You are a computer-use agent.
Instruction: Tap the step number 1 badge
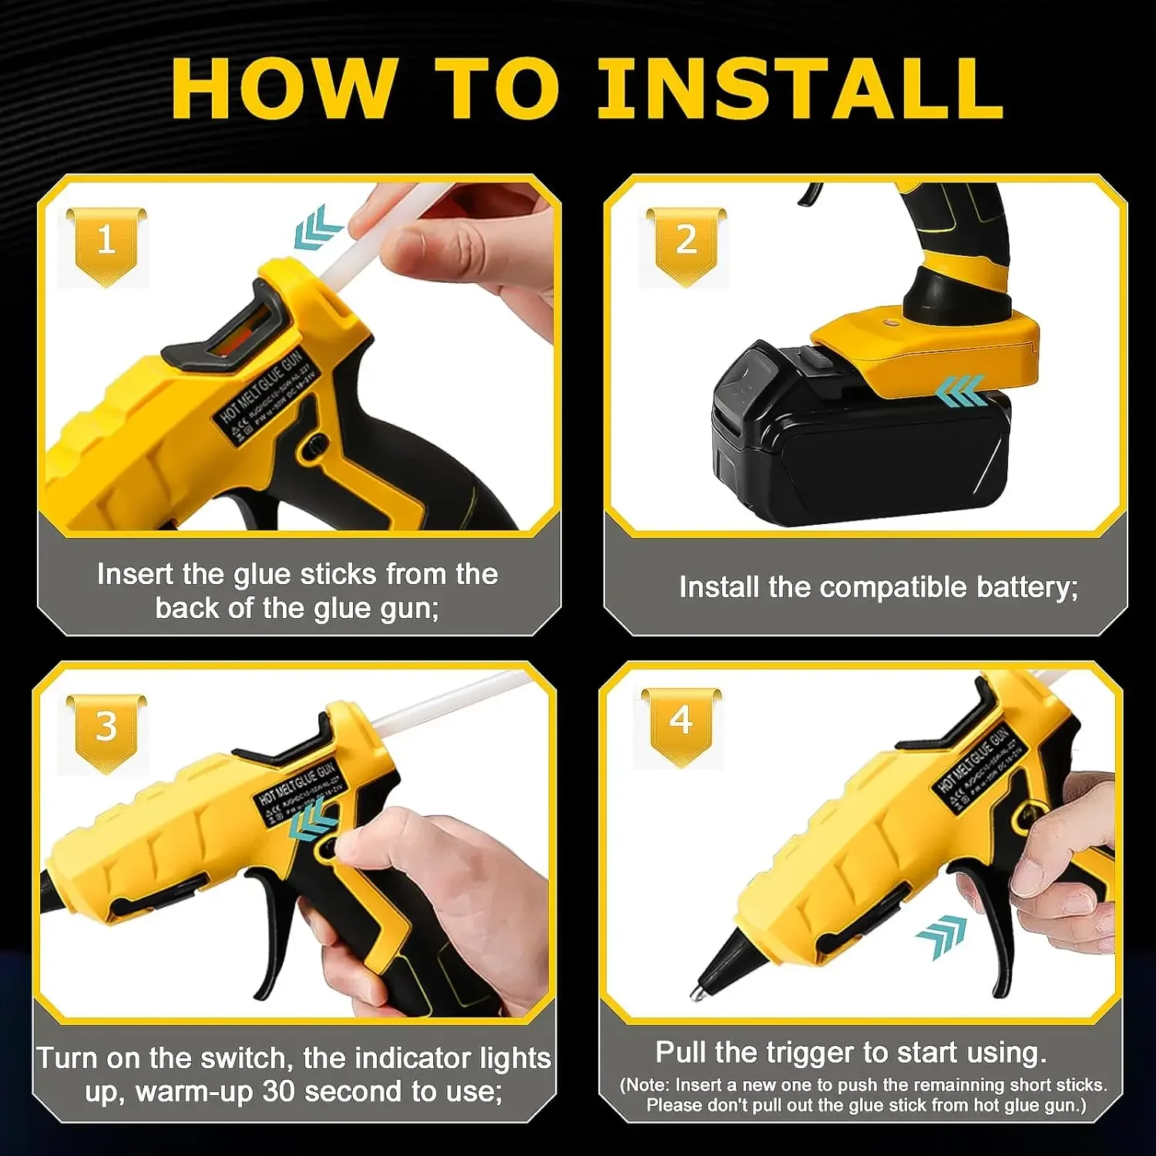pos(106,243)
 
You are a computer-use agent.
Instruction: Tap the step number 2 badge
pos(686,243)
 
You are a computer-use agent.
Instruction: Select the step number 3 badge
pos(106,728)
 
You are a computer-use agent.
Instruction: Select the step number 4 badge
pos(681,723)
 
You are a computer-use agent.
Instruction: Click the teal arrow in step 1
pos(317,228)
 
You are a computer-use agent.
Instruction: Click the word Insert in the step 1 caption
pos(136,575)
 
